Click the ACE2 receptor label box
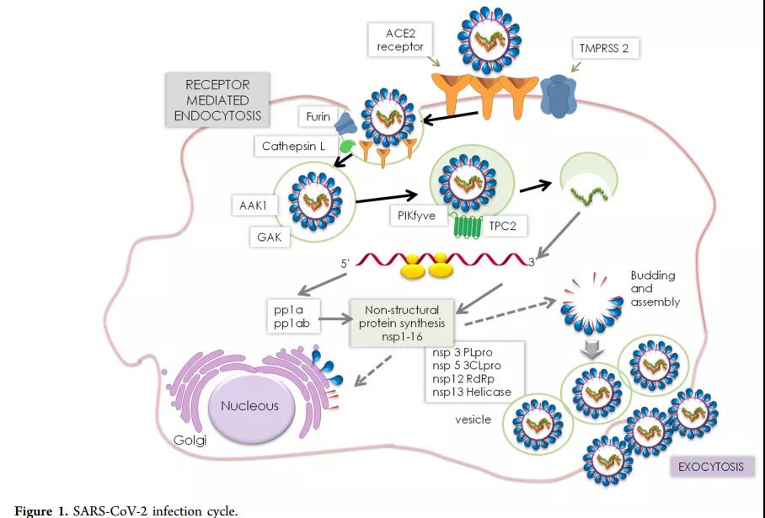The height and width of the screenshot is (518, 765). pos(399,40)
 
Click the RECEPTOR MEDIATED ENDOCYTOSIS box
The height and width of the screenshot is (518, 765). pos(217,99)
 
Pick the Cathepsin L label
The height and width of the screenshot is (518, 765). pos(292,147)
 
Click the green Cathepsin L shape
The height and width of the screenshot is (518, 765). pos(346,146)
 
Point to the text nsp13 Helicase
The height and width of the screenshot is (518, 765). pos(471,391)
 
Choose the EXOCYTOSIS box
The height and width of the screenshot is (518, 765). pos(710,466)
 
